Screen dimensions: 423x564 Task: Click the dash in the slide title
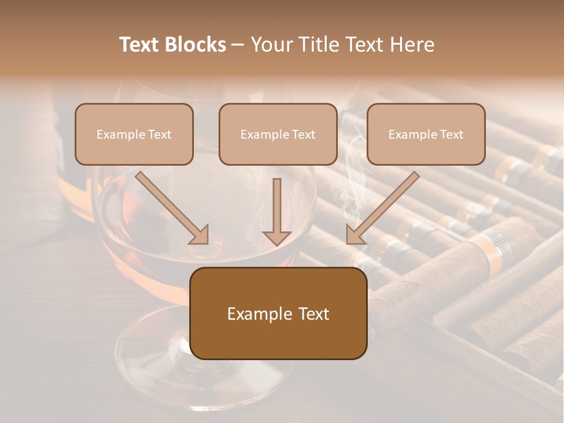(x=238, y=45)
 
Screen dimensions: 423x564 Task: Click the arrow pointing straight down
(x=277, y=211)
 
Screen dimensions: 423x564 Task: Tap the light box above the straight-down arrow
(x=278, y=134)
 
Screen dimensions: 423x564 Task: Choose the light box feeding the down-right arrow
(x=134, y=134)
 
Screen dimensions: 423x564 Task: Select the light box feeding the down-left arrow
(x=426, y=134)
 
